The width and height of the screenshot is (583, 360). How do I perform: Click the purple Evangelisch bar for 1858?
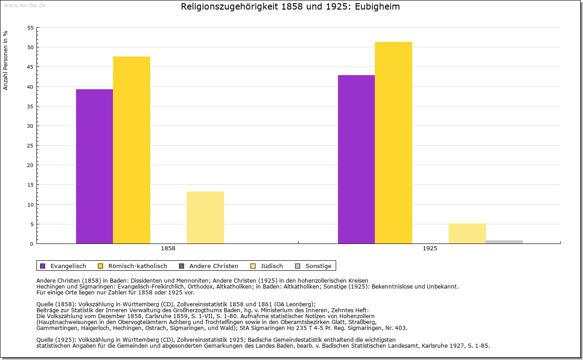(x=94, y=166)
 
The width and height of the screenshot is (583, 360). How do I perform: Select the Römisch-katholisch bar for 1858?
(x=132, y=150)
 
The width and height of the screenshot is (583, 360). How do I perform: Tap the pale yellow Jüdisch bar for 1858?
(x=205, y=218)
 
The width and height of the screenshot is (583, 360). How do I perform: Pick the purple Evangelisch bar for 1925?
(x=356, y=159)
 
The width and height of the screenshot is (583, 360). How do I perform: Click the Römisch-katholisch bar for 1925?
(x=394, y=142)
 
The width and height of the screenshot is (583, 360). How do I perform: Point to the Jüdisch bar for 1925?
(x=467, y=233)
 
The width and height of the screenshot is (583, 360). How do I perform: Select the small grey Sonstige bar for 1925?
(x=504, y=242)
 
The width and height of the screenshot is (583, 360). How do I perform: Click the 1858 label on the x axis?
(x=168, y=249)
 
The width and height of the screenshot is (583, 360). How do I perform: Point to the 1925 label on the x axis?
(x=430, y=249)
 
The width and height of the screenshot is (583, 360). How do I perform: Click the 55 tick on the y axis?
(x=30, y=28)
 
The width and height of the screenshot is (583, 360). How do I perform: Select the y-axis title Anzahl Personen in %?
(x=5, y=60)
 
